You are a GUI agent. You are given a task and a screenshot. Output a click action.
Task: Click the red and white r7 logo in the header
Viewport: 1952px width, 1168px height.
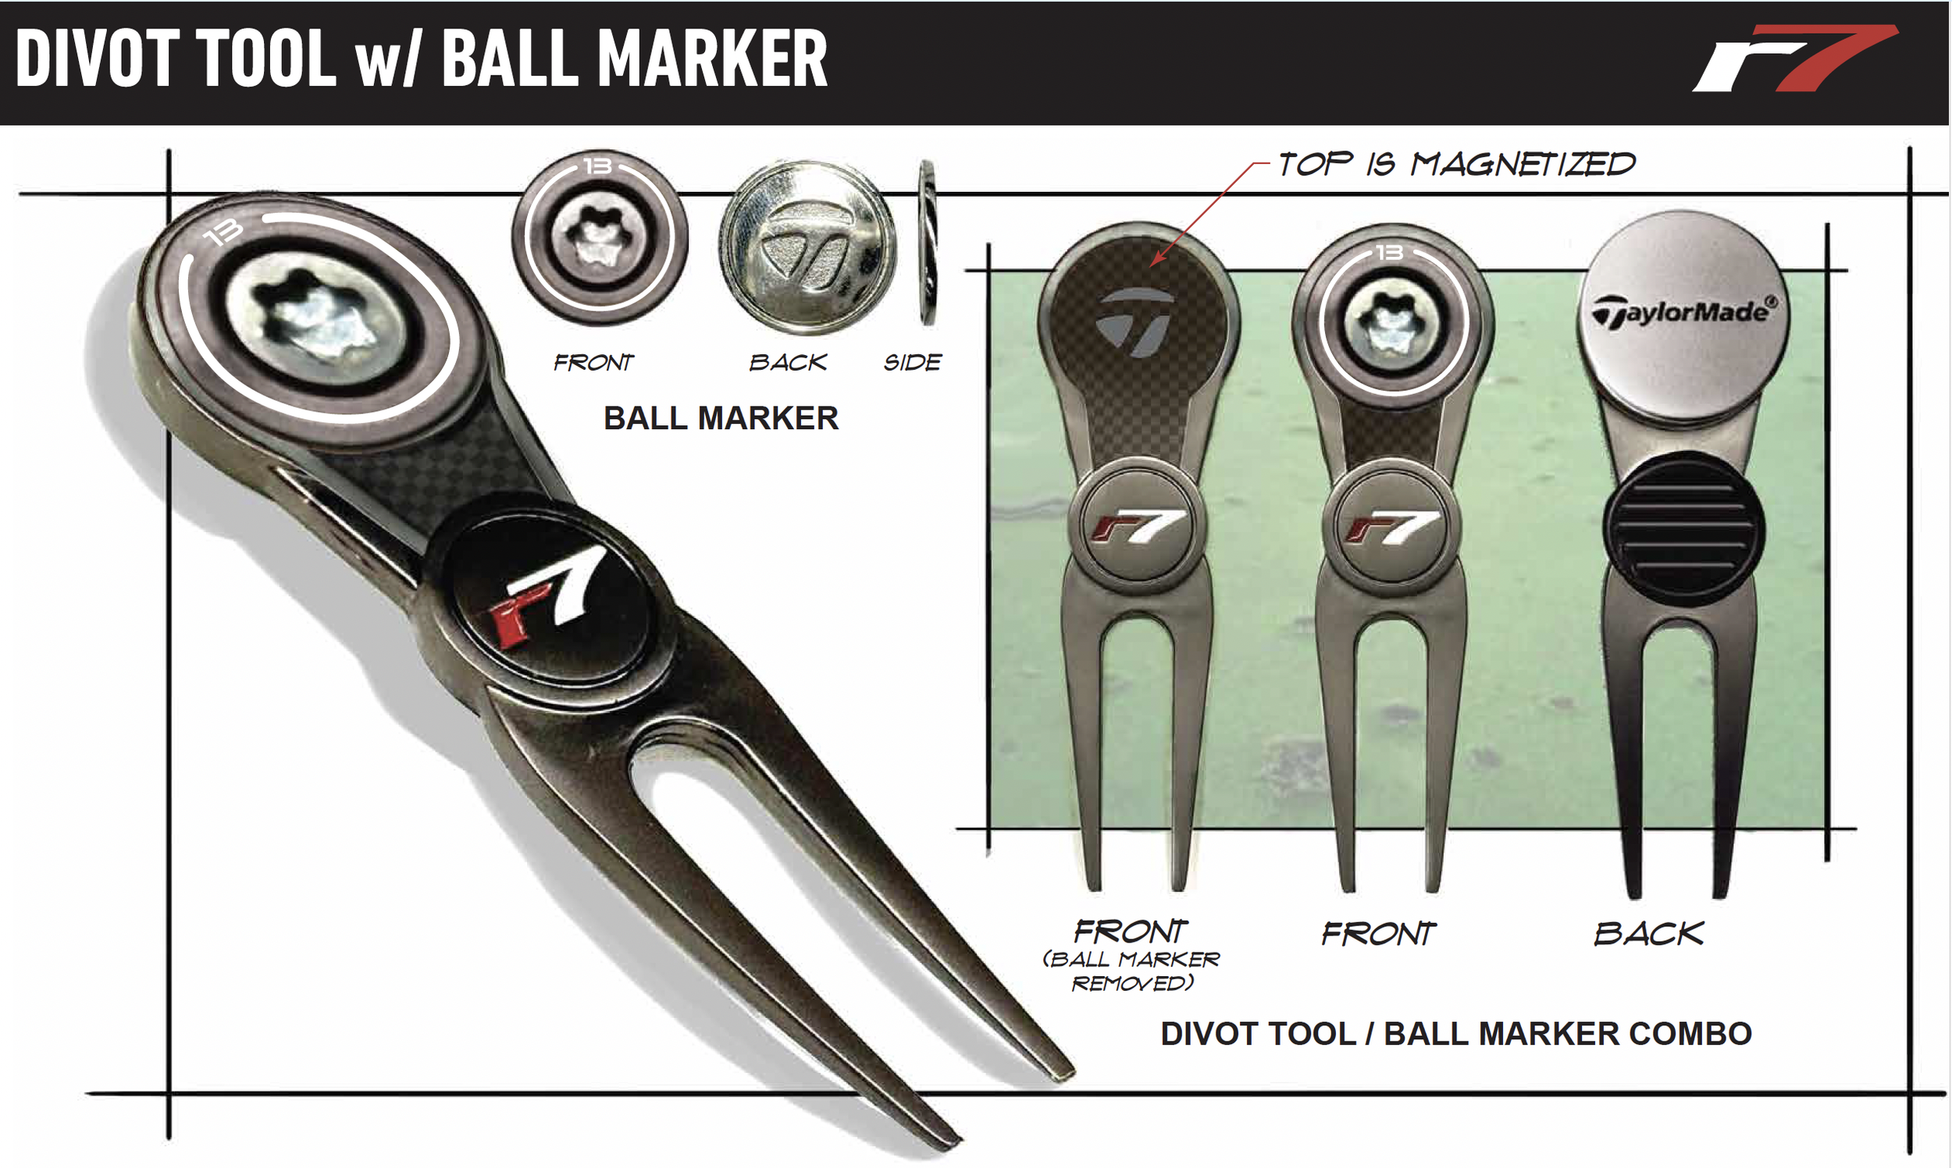pyautogui.click(x=1795, y=59)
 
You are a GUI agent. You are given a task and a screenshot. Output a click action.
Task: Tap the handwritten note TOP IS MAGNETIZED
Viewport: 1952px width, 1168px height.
pyautogui.click(x=1456, y=165)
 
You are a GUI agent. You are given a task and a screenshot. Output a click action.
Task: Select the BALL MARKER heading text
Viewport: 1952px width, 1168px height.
pyautogui.click(x=721, y=418)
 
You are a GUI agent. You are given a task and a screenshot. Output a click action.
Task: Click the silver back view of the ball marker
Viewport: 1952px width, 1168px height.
pyautogui.click(x=808, y=247)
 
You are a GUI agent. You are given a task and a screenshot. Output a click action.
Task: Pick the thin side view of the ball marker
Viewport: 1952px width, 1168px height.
pyautogui.click(x=928, y=243)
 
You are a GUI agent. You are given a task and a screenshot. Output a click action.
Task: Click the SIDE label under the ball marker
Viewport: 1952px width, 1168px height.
pyautogui.click(x=913, y=363)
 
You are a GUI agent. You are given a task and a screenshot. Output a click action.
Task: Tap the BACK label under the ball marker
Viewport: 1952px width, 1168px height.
pyautogui.click(x=787, y=363)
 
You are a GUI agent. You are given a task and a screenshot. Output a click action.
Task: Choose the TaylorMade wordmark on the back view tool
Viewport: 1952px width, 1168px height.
pyautogui.click(x=1684, y=311)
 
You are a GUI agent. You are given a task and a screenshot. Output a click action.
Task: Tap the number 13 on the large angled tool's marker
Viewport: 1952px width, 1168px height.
pyautogui.click(x=223, y=233)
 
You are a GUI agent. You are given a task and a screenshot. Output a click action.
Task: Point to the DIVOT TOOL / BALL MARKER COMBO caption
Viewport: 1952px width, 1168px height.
pyautogui.click(x=1456, y=1034)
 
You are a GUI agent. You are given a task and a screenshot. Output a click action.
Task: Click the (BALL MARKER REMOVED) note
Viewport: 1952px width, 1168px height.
pyautogui.click(x=1131, y=971)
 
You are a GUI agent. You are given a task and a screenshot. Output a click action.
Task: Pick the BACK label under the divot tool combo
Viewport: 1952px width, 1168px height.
pyautogui.click(x=1649, y=934)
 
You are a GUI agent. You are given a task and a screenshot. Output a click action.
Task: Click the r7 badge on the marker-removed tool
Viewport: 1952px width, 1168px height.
pyautogui.click(x=1136, y=525)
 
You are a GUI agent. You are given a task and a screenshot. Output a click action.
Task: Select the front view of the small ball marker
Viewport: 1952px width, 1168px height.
pyautogui.click(x=600, y=238)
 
